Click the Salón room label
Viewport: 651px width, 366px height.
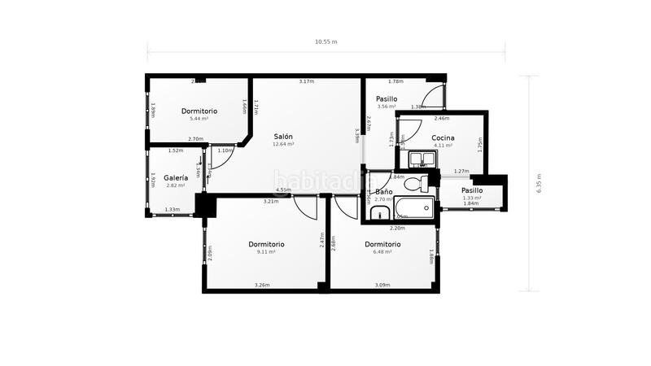click(283, 137)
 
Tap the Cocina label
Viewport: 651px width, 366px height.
click(443, 137)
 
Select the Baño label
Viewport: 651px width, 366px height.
click(383, 193)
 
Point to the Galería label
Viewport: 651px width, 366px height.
click(176, 177)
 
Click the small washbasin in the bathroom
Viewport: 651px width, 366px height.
click(379, 213)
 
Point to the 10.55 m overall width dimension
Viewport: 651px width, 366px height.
click(325, 41)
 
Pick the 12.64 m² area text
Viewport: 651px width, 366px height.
click(283, 145)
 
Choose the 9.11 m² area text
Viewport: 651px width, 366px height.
click(267, 252)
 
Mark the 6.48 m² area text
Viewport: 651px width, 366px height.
click(382, 252)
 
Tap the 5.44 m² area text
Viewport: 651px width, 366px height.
click(199, 119)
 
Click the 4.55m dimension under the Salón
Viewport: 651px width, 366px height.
click(283, 190)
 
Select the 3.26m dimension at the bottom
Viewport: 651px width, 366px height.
click(262, 285)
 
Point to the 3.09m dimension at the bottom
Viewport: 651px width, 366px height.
click(382, 285)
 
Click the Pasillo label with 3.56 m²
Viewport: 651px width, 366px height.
click(386, 98)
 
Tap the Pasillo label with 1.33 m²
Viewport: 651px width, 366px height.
click(472, 190)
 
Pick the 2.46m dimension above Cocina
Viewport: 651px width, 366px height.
click(442, 119)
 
